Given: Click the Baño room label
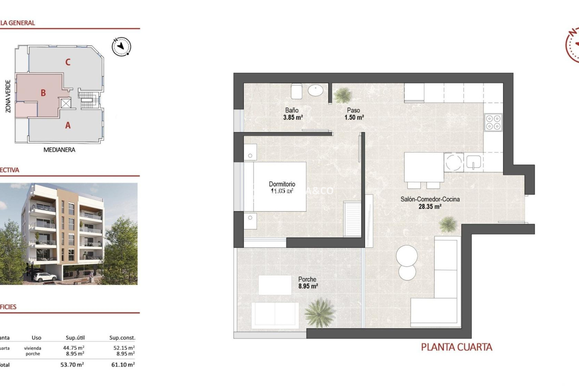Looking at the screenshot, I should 292,110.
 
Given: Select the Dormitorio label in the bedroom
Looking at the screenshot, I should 282,184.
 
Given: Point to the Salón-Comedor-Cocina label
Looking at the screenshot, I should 430,199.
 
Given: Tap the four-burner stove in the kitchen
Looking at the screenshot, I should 493,122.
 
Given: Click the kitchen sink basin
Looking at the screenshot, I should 473,162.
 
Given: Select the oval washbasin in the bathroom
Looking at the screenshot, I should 315,90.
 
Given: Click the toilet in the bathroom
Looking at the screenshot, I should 296,91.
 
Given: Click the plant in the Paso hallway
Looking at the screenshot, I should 343,95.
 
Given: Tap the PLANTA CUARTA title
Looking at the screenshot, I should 457,347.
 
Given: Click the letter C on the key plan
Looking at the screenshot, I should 68,62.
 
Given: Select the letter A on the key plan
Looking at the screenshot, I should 68,125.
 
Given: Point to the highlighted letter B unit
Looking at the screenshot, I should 43,93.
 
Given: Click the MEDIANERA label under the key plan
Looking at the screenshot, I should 59,150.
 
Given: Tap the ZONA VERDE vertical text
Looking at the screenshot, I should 8,96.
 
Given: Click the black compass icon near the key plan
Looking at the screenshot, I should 122,46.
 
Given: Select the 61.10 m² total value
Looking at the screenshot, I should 123,365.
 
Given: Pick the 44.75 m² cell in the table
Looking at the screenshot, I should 74,348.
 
